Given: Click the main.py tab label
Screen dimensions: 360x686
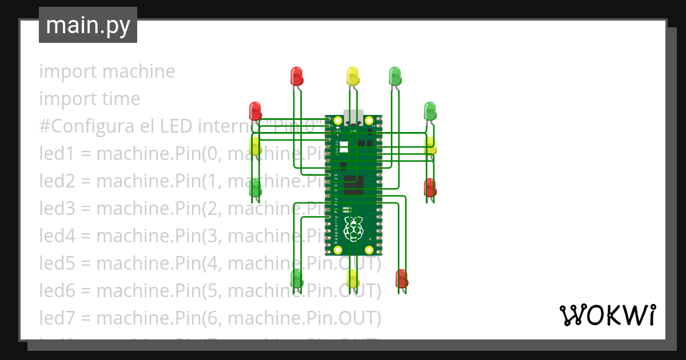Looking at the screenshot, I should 87,26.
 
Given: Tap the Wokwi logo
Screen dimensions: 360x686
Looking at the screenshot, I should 607,315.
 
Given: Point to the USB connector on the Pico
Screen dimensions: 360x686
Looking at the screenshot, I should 353,116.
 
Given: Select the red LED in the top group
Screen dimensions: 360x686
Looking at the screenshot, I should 296,76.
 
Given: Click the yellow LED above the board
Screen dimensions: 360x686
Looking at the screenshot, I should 353,76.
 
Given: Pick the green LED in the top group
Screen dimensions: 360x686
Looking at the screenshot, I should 394,76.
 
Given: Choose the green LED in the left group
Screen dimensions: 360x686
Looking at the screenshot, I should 256,187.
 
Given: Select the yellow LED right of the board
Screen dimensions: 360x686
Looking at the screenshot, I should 430,146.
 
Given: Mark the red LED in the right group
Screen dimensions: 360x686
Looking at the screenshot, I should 430,187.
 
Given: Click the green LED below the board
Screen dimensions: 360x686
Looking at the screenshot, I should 297,278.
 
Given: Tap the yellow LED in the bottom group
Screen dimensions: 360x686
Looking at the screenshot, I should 353,278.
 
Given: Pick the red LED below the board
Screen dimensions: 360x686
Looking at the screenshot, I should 401,278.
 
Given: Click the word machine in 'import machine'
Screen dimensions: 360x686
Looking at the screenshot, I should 139,71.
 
